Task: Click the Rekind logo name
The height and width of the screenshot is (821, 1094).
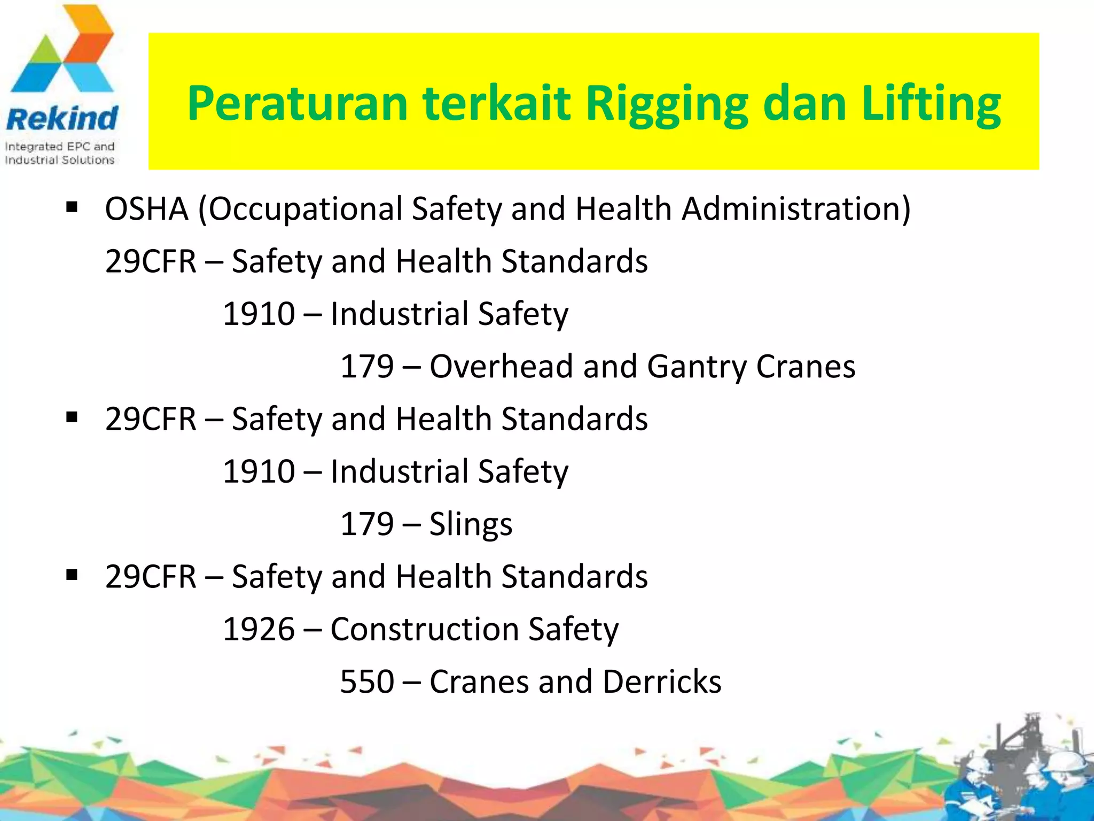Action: (x=62, y=119)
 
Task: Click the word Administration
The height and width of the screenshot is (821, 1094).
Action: (x=796, y=208)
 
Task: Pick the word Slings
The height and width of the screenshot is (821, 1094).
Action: (x=471, y=524)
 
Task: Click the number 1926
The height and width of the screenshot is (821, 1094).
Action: (x=259, y=629)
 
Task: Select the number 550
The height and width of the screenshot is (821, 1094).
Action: (x=367, y=682)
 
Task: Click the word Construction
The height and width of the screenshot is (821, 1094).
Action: (x=424, y=629)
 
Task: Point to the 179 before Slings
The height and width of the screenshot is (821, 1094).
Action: (x=367, y=524)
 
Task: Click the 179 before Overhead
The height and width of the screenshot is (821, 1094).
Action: (x=367, y=367)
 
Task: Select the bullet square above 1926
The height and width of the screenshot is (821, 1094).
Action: (x=72, y=575)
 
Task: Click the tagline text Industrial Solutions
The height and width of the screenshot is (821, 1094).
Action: (x=59, y=160)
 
